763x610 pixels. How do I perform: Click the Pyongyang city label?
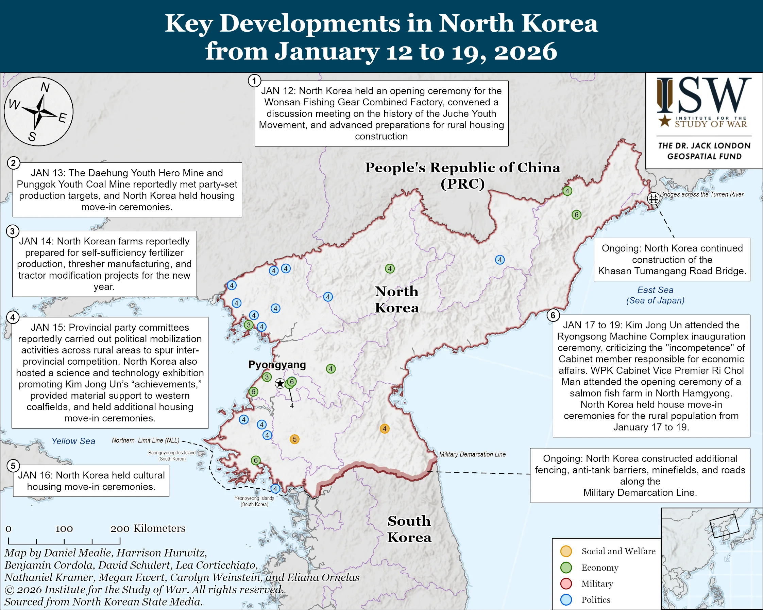pyautogui.click(x=277, y=365)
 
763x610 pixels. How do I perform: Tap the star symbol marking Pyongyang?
pyautogui.click(x=280, y=383)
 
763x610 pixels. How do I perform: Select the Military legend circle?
pyautogui.click(x=566, y=583)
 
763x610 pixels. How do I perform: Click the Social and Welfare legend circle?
pyautogui.click(x=566, y=551)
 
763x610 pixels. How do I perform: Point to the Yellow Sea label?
pyautogui.click(x=73, y=441)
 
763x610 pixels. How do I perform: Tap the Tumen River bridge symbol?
pyautogui.click(x=653, y=199)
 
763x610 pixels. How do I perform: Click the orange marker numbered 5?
pyautogui.click(x=294, y=439)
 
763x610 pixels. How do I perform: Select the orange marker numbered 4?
pyautogui.click(x=385, y=429)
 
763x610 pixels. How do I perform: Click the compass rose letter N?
pyautogui.click(x=45, y=87)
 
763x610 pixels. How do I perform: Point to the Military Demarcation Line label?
pyautogui.click(x=472, y=454)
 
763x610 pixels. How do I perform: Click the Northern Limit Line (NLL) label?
pyautogui.click(x=146, y=440)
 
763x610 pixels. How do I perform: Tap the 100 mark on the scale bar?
pyautogui.click(x=64, y=529)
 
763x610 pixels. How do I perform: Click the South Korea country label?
pyautogui.click(x=409, y=529)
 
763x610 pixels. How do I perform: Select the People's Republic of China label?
pyautogui.click(x=462, y=175)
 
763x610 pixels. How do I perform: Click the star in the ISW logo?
pyautogui.click(x=665, y=121)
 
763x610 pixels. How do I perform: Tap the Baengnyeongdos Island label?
pyautogui.click(x=172, y=455)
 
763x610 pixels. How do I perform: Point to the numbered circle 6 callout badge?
pyautogui.click(x=553, y=315)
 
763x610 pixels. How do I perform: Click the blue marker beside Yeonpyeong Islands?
pyautogui.click(x=275, y=489)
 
